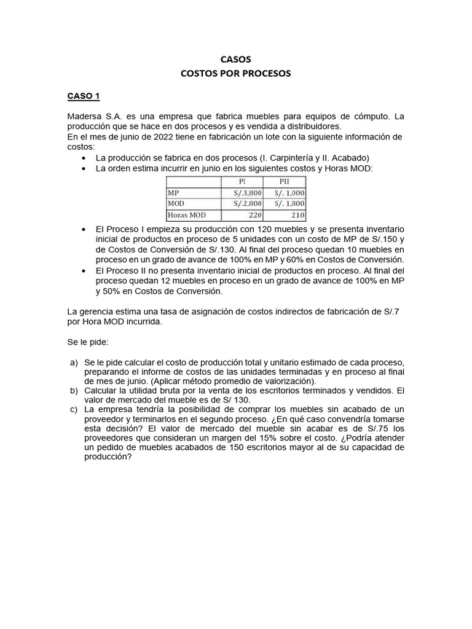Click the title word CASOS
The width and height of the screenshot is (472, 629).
pyautogui.click(x=235, y=60)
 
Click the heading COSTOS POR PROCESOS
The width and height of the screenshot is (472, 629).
pyautogui.click(x=235, y=74)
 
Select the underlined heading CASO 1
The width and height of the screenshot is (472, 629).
pyautogui.click(x=83, y=96)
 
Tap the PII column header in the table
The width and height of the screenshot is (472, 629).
pyautogui.click(x=284, y=181)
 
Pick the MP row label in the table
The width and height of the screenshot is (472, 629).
pyautogui.click(x=173, y=192)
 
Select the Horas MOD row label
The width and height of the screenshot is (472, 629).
pyautogui.click(x=187, y=215)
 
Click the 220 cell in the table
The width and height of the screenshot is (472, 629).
pyautogui.click(x=253, y=215)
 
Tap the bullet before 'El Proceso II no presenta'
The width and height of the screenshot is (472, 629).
pyautogui.click(x=83, y=270)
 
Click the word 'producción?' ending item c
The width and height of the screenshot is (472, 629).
pyautogui.click(x=108, y=458)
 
